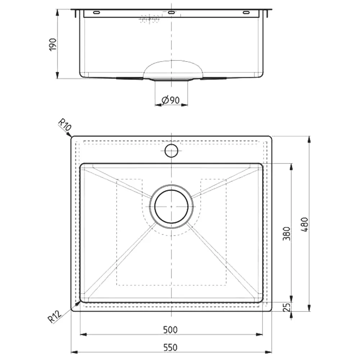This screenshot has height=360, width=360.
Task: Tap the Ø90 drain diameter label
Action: (171, 100)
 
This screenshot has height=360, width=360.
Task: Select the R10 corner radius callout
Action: (65, 126)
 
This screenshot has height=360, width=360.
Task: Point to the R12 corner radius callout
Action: (55, 316)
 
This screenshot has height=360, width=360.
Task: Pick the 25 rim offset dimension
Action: (287, 307)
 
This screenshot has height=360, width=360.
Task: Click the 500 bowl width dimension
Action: (171, 329)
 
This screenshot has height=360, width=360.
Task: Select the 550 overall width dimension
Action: (171, 347)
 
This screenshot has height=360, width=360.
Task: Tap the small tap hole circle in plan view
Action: (171, 150)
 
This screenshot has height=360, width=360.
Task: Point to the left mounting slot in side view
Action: (96, 13)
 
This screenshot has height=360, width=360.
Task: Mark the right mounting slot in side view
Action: (246, 13)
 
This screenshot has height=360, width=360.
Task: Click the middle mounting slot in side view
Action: (171, 13)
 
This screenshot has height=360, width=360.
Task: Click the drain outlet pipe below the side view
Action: (171, 80)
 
